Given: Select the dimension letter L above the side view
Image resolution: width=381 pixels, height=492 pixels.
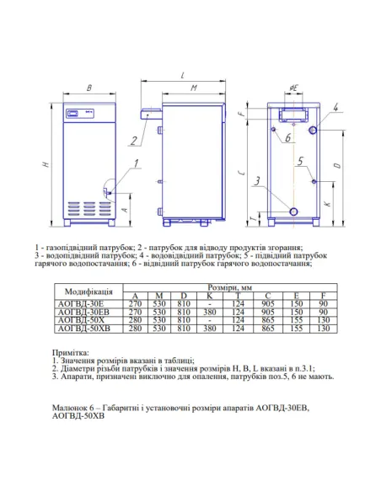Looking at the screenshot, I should [182, 76].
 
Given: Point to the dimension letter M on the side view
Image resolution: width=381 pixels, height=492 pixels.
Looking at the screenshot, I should [192, 88].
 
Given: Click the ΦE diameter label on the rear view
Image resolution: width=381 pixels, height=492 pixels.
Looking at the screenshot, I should [294, 88].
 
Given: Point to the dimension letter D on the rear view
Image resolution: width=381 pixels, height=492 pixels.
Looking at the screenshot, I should [337, 166].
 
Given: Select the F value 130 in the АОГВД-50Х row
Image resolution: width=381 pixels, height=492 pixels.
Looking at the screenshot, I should [324, 325].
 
